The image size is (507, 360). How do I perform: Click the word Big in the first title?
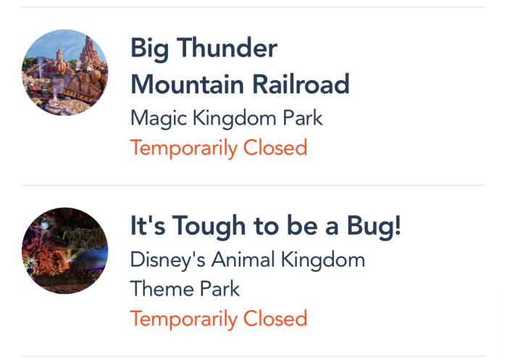[x=149, y=49]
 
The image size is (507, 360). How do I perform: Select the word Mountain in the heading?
[x=187, y=84]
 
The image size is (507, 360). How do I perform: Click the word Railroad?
[x=301, y=84]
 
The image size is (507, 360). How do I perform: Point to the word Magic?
[x=159, y=119]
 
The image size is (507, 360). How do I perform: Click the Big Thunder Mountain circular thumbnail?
[x=65, y=72]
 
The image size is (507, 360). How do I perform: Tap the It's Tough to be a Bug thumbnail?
[x=65, y=251]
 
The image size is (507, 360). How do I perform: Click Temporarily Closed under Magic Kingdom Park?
[x=219, y=148]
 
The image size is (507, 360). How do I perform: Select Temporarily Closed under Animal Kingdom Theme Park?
[x=219, y=319]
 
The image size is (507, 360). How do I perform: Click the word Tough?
[x=209, y=227]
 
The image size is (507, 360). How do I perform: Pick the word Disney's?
[x=167, y=261]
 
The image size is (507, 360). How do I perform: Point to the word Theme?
[x=162, y=288]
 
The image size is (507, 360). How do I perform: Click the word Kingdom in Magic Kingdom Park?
[x=235, y=119]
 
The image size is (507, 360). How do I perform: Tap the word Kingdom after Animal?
[x=323, y=261]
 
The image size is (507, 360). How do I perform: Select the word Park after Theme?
[x=220, y=288]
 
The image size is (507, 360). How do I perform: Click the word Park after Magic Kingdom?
[x=303, y=117]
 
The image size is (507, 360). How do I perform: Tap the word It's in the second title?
[x=148, y=225]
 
